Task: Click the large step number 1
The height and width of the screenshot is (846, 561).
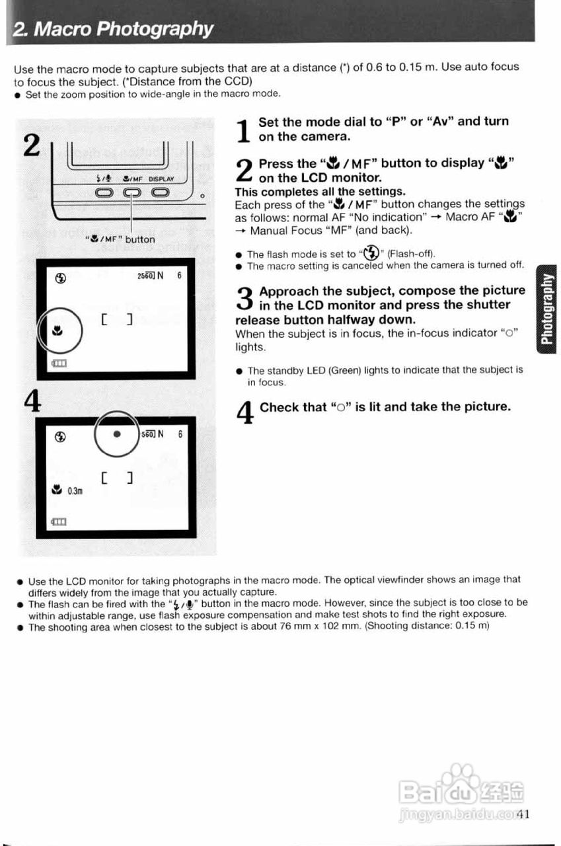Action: pos(243,130)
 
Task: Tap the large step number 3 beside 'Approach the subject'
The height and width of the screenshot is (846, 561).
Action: pos(244,299)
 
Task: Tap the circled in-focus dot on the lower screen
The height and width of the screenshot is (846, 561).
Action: pos(117,434)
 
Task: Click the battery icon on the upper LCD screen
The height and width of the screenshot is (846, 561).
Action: pos(59,363)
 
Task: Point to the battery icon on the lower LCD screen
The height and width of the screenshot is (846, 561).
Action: pos(59,521)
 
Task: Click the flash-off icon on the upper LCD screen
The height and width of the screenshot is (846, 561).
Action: pos(60,278)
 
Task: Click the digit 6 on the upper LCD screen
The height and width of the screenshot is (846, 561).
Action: pos(180,277)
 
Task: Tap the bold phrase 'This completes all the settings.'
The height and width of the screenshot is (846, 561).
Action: pos(320,192)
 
